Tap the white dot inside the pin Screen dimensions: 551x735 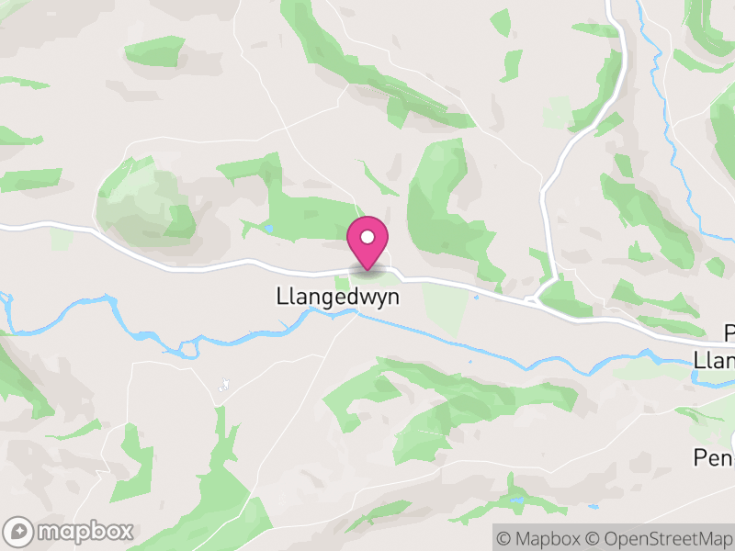coord(367,237)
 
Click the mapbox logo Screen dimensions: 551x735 coord(70,531)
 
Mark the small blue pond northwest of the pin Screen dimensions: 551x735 coord(267,228)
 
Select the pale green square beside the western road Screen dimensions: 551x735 coord(62,239)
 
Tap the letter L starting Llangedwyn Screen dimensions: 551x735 coord(281,298)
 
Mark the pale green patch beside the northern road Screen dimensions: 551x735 coord(557,113)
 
